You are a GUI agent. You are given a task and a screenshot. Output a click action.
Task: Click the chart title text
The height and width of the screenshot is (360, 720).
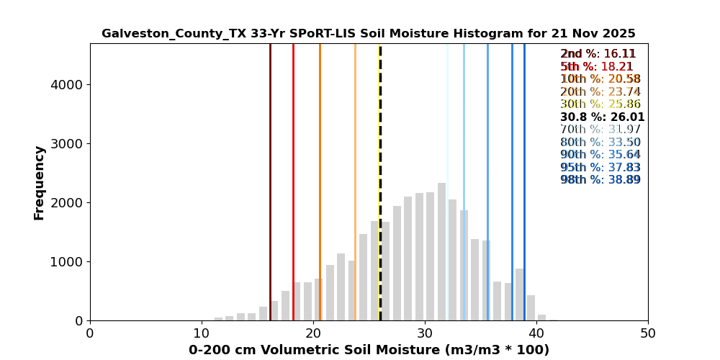368,34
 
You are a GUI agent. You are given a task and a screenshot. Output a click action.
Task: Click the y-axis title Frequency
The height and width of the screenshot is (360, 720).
40,182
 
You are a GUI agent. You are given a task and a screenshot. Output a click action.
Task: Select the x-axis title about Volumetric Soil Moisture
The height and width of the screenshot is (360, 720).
369,350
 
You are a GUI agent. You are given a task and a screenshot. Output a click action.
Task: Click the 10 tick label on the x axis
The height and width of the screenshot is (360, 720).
202,333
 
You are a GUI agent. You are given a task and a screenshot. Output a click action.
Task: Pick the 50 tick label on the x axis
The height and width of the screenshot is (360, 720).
648,333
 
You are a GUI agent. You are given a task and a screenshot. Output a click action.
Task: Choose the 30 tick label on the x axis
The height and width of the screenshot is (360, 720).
425,333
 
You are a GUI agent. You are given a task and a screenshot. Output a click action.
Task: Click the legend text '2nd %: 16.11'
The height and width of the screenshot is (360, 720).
598,54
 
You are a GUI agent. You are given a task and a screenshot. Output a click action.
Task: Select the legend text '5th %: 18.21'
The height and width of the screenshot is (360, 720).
597,67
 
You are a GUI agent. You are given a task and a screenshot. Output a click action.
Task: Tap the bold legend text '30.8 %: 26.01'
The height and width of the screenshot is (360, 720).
603,117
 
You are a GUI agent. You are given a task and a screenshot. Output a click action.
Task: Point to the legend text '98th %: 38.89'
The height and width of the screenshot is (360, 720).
600,180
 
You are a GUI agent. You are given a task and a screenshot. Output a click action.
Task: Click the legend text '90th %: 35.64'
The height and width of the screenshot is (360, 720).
600,155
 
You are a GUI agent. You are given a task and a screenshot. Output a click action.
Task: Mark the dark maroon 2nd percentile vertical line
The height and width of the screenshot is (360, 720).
270,180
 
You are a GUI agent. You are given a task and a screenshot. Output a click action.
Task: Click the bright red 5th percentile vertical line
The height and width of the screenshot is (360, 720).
293,180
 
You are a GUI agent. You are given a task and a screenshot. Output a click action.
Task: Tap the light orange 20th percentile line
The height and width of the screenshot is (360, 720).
355,180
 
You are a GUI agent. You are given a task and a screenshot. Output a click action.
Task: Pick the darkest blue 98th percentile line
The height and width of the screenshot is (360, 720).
524,180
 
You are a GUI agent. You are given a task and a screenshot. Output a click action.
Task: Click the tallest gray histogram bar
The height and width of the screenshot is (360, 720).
441,252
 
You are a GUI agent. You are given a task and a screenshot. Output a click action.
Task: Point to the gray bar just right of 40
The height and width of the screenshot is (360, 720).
541,318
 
